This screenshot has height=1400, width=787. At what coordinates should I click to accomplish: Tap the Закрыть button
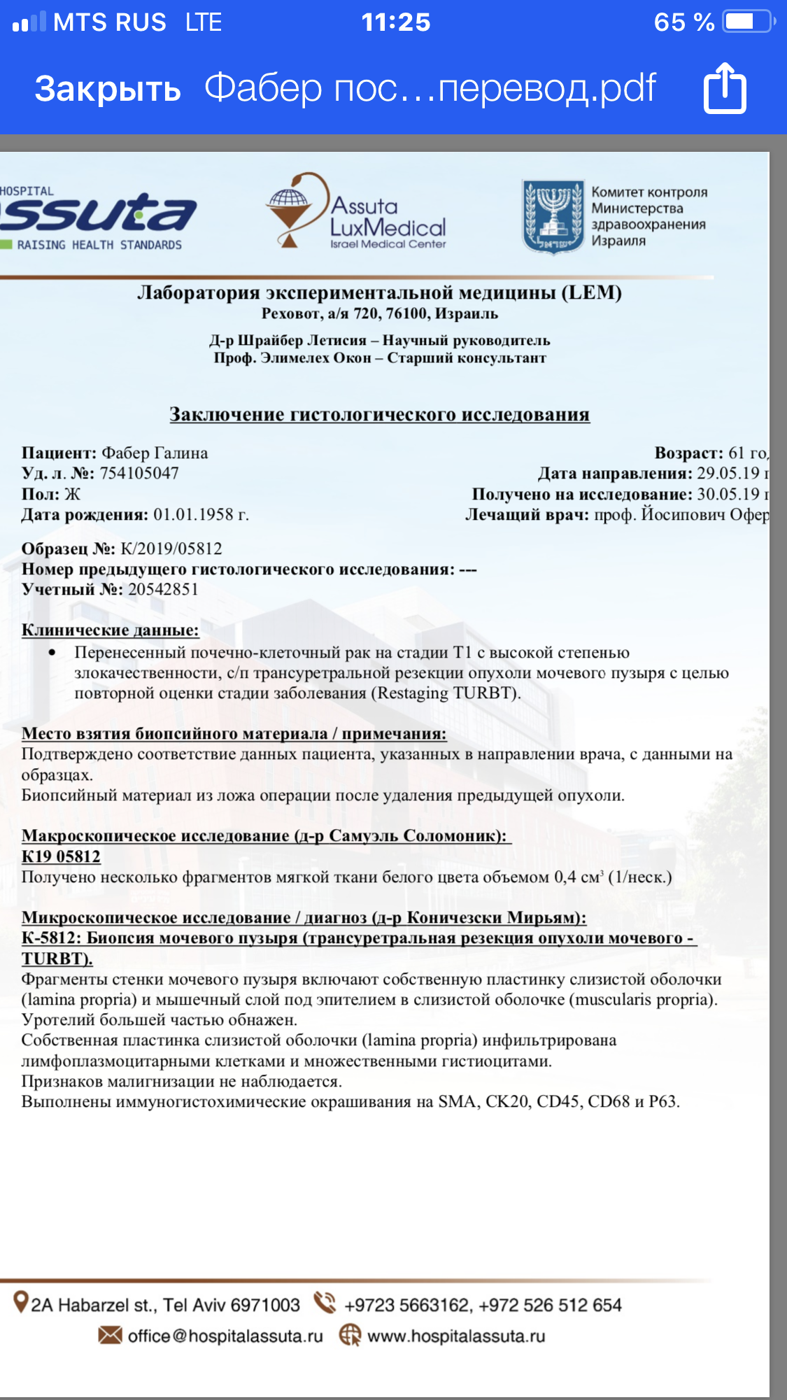click(108, 90)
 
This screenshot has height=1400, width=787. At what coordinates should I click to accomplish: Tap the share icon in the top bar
click(725, 88)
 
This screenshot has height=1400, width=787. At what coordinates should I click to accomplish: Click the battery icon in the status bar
click(746, 22)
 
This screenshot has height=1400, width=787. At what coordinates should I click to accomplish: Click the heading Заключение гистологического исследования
click(379, 414)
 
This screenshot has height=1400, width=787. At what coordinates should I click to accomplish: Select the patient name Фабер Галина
click(155, 453)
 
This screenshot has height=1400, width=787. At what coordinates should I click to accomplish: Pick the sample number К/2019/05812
click(171, 549)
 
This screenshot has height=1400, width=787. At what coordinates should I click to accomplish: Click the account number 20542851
click(163, 589)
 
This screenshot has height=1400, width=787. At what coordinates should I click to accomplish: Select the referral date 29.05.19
click(728, 473)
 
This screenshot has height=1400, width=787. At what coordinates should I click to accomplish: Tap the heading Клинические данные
click(110, 630)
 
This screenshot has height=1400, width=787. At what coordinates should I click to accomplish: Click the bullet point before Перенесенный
click(52, 653)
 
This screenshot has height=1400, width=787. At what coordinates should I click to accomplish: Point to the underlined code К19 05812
click(61, 856)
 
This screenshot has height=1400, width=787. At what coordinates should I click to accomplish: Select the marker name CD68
click(609, 1101)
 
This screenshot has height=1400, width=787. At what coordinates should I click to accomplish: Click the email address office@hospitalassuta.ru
click(225, 1336)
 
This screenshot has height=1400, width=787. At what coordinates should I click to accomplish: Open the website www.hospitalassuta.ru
click(456, 1336)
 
